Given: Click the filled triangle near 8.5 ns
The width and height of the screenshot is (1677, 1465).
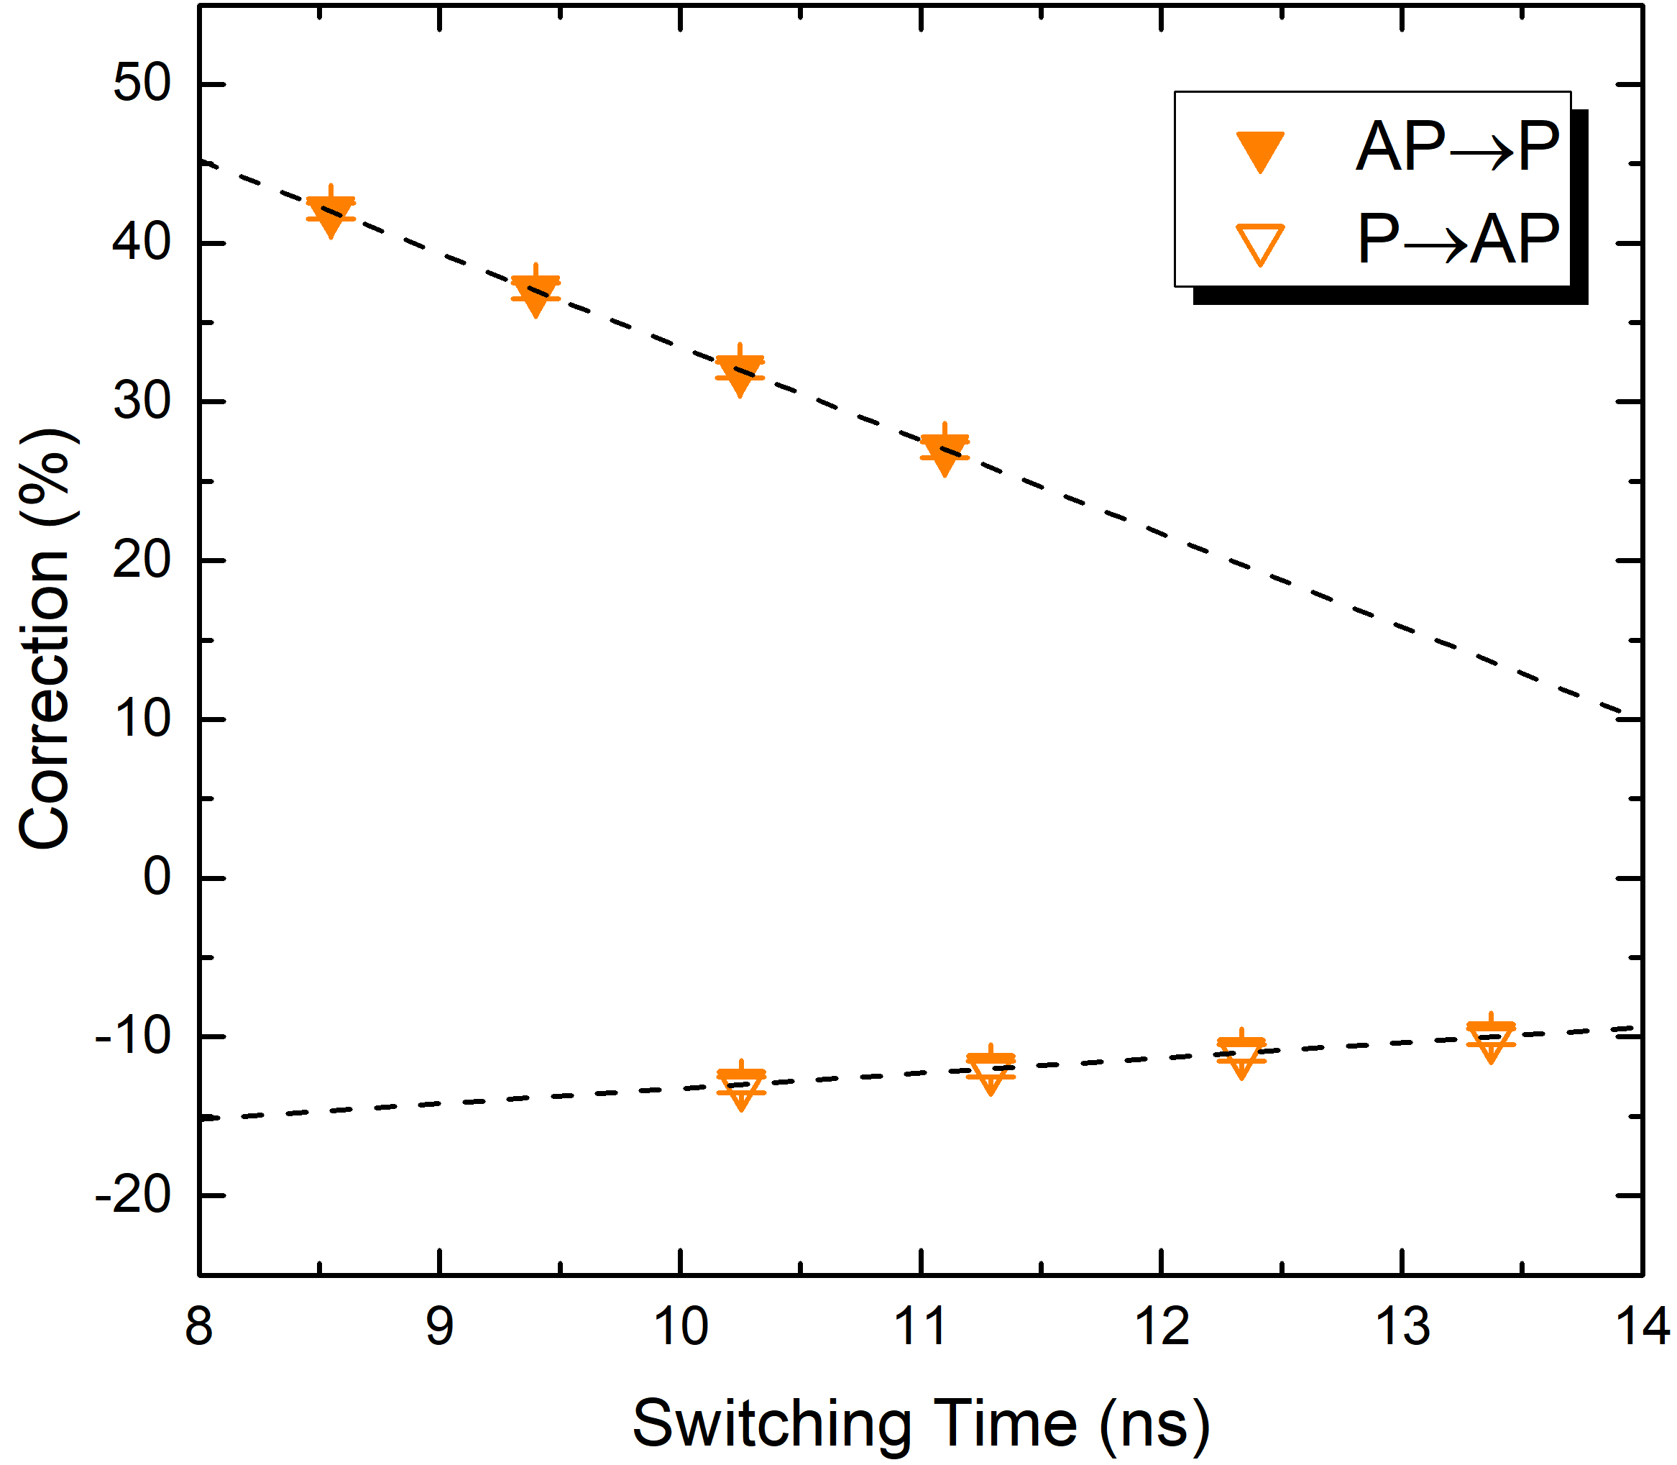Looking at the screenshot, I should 330,214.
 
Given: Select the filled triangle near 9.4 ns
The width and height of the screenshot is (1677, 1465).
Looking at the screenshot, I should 536,294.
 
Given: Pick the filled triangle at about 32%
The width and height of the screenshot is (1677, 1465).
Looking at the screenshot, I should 740,373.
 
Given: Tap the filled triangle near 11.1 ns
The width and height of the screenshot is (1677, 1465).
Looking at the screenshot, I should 945,453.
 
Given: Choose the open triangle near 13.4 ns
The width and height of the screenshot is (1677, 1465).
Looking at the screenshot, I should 1491,1040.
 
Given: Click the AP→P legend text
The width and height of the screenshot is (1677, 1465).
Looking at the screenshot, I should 1457,147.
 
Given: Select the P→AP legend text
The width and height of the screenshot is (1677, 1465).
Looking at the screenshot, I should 1457,239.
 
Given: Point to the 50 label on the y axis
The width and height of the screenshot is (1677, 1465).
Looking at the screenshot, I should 142,83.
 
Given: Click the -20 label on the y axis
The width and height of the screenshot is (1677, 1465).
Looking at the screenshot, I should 133,1197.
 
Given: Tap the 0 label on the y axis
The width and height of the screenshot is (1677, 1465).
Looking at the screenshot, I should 157,877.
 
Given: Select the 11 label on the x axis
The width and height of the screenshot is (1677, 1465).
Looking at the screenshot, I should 921,1326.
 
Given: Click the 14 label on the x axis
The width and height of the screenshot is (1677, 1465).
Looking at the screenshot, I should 1642,1326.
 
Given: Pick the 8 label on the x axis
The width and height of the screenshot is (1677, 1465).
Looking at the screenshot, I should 199,1326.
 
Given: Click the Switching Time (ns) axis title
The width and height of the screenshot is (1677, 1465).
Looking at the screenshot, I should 921,1423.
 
